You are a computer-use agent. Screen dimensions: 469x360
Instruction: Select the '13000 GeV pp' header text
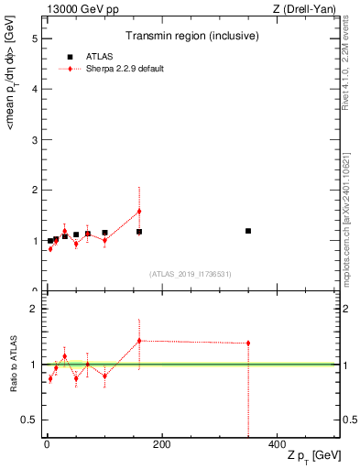[x=81, y=9]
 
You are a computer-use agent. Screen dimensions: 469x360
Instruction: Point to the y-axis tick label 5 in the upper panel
[x=34, y=39]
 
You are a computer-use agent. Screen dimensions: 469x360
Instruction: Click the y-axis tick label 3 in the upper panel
[x=34, y=140]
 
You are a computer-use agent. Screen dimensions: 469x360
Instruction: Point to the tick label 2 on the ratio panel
[x=34, y=309]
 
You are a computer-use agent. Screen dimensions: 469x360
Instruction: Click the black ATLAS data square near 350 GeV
[x=248, y=231]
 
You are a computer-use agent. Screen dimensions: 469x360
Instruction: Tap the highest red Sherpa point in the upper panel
[x=139, y=212]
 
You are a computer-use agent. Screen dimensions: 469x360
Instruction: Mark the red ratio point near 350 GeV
[x=248, y=344]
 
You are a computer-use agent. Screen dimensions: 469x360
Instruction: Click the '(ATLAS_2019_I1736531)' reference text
[x=191, y=274]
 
